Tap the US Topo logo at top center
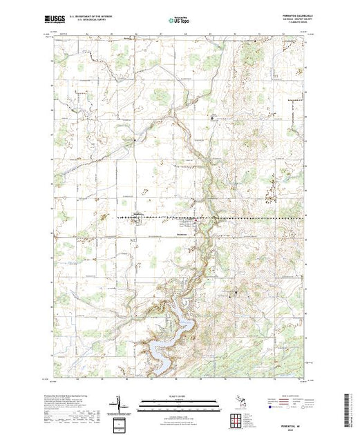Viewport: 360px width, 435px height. click(x=180, y=21)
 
